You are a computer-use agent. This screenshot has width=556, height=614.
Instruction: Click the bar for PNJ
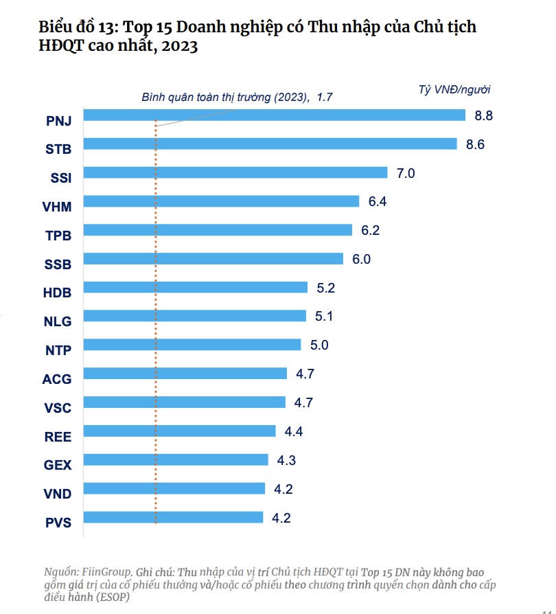click(275, 115)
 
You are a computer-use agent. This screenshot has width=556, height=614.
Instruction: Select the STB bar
click(270, 144)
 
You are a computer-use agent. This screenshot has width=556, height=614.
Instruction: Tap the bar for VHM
click(222, 201)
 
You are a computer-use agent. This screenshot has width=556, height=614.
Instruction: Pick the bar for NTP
click(192, 345)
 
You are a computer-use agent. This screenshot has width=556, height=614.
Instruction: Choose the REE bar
click(180, 431)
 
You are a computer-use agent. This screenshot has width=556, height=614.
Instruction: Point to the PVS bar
click(174, 517)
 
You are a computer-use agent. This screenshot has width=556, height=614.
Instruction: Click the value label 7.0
click(406, 173)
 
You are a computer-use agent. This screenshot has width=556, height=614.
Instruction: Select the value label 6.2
click(370, 230)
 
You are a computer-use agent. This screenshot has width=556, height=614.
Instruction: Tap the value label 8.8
click(483, 115)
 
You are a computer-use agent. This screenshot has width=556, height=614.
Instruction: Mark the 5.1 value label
click(324, 317)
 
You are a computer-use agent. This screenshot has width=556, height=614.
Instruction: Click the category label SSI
click(61, 177)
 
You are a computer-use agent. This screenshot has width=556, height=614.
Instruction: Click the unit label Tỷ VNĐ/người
click(454, 89)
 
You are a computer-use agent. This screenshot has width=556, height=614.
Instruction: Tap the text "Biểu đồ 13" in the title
click(72, 28)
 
